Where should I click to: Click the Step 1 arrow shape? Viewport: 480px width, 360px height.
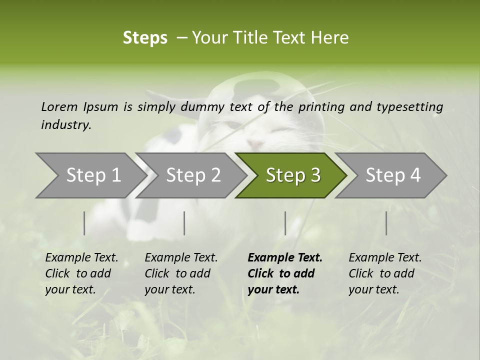pyautogui.click(x=90, y=175)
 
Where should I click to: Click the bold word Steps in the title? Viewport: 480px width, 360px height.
pyautogui.click(x=145, y=38)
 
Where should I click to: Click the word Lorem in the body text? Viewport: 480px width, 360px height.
pyautogui.click(x=59, y=106)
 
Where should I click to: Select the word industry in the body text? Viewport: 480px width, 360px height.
pyautogui.click(x=66, y=125)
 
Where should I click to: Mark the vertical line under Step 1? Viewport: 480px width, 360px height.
pyautogui.click(x=84, y=223)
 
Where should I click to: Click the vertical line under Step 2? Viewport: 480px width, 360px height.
pyautogui.click(x=184, y=223)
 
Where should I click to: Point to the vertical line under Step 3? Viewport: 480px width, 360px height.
pyautogui.click(x=285, y=223)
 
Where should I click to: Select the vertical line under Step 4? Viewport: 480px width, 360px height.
pyautogui.click(x=386, y=223)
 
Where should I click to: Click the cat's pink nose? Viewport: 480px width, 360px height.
pyautogui.click(x=255, y=144)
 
